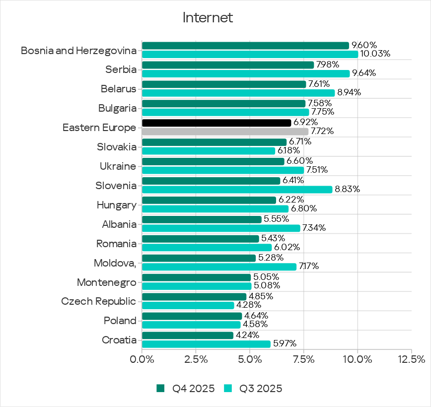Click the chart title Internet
[x=208, y=18]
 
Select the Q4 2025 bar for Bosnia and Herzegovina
[x=245, y=46]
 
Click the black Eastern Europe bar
[x=216, y=123]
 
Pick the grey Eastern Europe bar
[x=225, y=132]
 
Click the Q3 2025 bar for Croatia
[x=206, y=344]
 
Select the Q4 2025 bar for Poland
[x=192, y=316]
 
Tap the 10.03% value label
[x=375, y=54]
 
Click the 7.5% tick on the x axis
[x=303, y=359]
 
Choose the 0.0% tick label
[x=142, y=359]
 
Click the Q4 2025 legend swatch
[x=160, y=388]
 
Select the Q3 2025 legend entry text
[x=261, y=388]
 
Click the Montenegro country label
[x=106, y=282]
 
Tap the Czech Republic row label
[x=98, y=301]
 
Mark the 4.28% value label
[x=251, y=305]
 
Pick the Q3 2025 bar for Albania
[x=221, y=228]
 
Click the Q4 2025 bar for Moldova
[x=199, y=258]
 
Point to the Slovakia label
[x=117, y=147]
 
